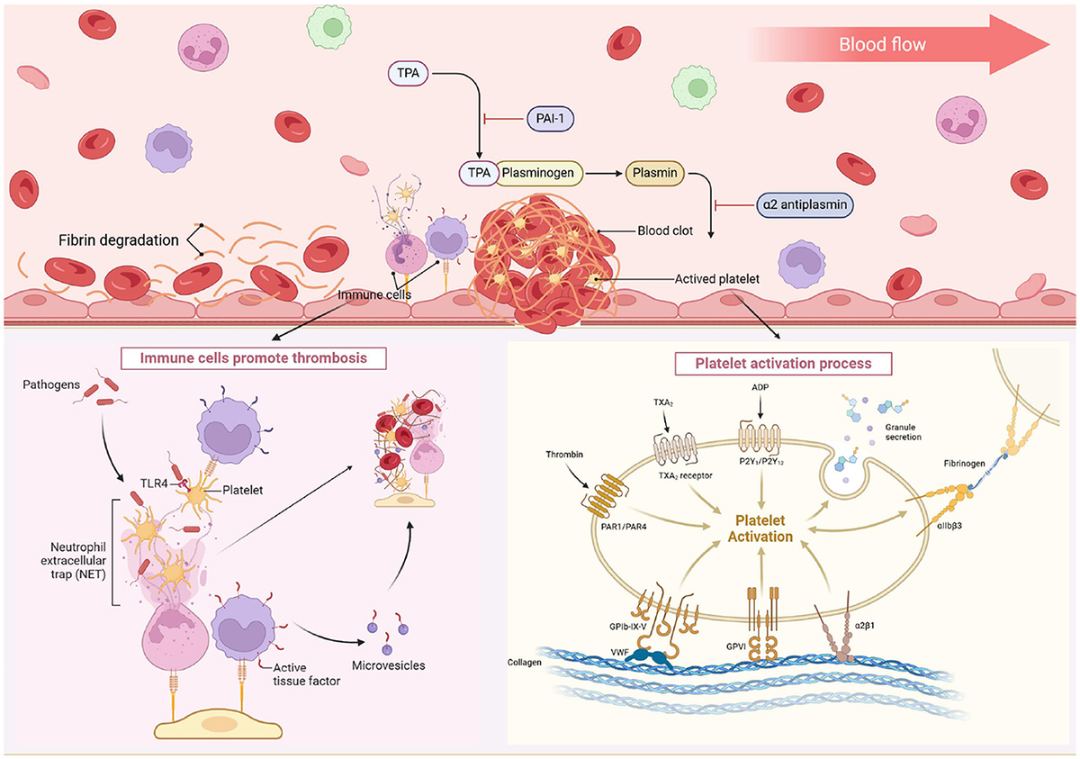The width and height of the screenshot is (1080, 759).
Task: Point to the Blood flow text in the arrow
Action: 882,44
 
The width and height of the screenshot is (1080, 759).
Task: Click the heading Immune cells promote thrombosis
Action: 241,357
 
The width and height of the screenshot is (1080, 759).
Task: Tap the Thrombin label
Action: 563,455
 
